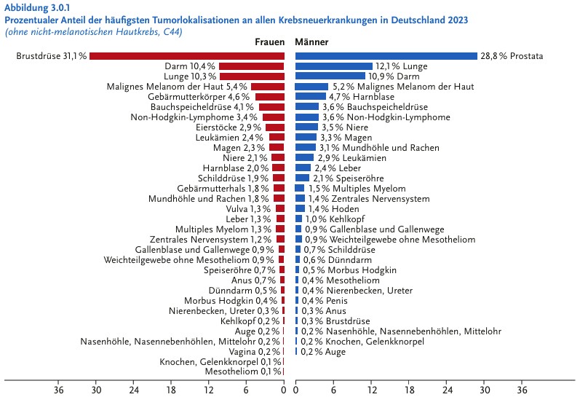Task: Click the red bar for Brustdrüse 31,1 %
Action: pos(186,56)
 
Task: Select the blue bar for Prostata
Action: pos(386,56)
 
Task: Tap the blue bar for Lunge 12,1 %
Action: pos(333,66)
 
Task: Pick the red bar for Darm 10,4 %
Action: pos(251,66)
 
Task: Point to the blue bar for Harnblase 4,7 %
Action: pos(310,97)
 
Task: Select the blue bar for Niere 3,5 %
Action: pos(306,127)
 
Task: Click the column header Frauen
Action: pos(269,42)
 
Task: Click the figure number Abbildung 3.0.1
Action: pos(39,7)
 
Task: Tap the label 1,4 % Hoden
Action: pos(335,208)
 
